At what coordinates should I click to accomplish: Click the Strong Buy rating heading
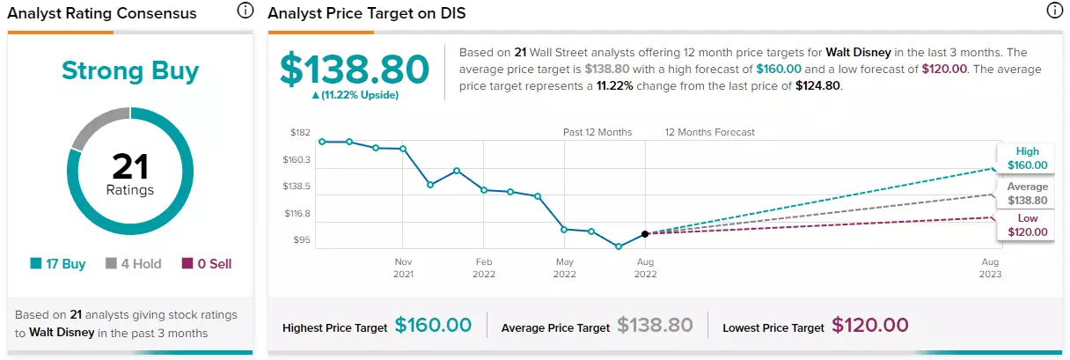coord(130,71)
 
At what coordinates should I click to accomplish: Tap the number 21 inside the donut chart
coord(130,166)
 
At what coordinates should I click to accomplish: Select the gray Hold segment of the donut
coord(98,125)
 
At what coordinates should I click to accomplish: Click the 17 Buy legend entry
coord(58,263)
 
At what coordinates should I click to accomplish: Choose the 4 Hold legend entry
coord(133,263)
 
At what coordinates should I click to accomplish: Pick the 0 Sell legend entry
coord(207,263)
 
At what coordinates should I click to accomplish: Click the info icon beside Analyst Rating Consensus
coord(245,10)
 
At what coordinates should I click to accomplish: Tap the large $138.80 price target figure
coord(355,70)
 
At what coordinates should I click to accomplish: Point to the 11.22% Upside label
coord(355,95)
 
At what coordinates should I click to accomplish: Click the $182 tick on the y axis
coord(300,132)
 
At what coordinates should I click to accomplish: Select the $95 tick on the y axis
coord(302,239)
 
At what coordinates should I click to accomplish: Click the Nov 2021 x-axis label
coord(403,268)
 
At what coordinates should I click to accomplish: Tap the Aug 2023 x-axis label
coord(990,268)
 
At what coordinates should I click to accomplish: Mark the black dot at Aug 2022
coord(645,234)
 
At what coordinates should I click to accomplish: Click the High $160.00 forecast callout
coord(1027,158)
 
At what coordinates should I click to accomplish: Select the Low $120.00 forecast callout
coord(1027,225)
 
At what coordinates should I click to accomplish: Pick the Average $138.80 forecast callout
coord(1027,193)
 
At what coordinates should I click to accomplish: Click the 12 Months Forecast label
coord(710,132)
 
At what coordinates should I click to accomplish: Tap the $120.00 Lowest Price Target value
coord(870,325)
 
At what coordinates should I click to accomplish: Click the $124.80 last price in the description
coord(817,85)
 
